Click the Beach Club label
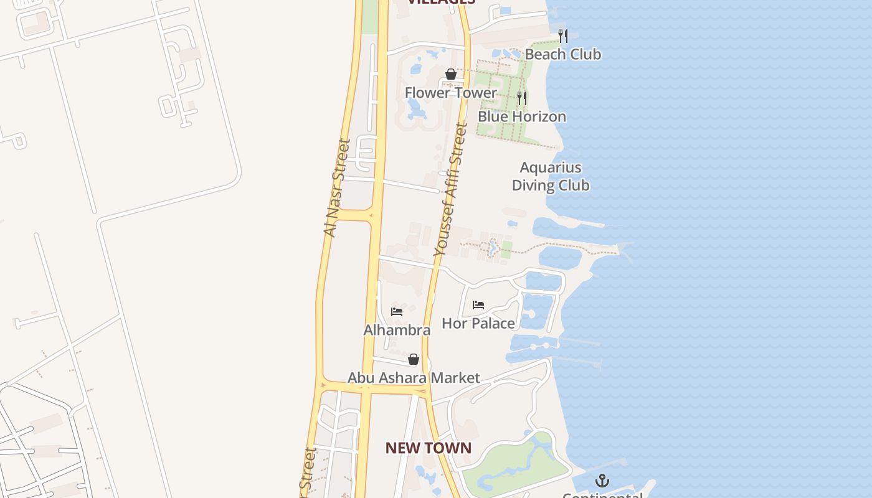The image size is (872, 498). point(562,54)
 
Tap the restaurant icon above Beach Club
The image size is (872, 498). point(563,35)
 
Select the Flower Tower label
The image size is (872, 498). point(450,93)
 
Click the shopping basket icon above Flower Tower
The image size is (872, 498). point(451,75)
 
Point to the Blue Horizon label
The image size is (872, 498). point(521,116)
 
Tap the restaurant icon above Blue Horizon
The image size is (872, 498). point(522,98)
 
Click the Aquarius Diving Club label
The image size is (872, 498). point(551,176)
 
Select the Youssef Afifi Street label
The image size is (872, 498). point(450,189)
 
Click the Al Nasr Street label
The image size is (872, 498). point(337,187)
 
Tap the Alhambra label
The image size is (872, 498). point(397,330)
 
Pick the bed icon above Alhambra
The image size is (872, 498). point(397,311)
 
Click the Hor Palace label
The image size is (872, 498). point(478,323)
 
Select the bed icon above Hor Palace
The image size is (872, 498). point(478,305)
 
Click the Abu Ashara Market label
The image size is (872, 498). point(414,378)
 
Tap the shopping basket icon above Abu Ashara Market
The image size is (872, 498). point(414,359)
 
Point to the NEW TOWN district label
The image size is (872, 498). point(428,448)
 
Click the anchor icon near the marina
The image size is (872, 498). point(602,480)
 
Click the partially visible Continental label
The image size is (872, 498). point(602,495)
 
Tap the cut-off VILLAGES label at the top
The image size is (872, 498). point(441,2)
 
